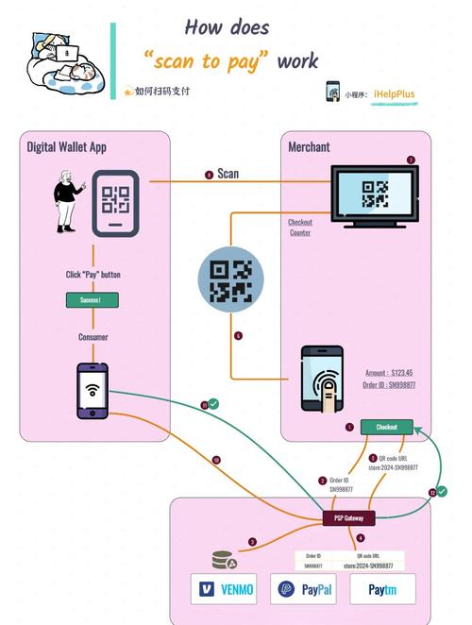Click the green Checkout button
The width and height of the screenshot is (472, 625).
tap(387, 427)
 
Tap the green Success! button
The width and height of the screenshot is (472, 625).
tap(92, 299)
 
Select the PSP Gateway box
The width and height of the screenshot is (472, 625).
tap(347, 517)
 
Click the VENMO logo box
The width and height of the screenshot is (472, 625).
tap(225, 589)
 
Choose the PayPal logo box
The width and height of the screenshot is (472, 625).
tap(303, 589)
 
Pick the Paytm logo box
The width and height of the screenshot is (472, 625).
tap(382, 589)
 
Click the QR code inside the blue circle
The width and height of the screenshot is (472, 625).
tap(231, 280)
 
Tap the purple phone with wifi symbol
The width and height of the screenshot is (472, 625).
tap(93, 389)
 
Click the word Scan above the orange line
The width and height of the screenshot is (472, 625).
tap(228, 174)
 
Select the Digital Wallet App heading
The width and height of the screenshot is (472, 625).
tap(66, 146)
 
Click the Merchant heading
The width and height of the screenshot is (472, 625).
tap(309, 146)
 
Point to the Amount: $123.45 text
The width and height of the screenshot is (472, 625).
tap(390, 373)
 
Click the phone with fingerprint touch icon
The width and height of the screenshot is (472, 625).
tap(323, 380)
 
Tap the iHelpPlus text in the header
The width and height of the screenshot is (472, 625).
tap(394, 94)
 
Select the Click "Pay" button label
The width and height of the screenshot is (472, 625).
tap(93, 275)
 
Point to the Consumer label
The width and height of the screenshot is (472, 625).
tap(93, 336)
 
